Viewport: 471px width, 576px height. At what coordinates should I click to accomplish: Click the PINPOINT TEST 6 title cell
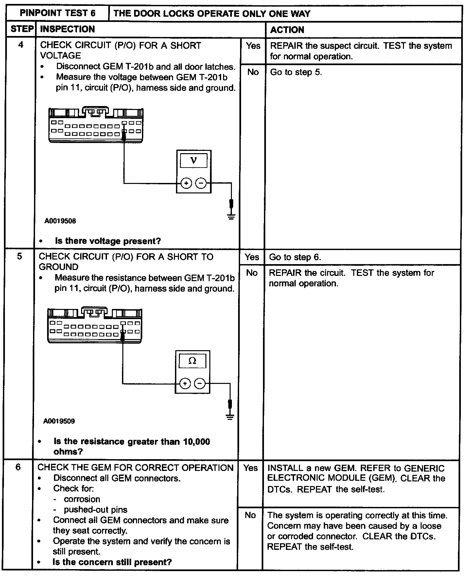click(x=58, y=13)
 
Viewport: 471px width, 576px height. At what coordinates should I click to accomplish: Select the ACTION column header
click(x=287, y=30)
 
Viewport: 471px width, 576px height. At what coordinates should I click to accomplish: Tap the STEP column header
click(x=22, y=29)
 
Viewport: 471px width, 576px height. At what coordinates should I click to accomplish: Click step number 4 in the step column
click(x=21, y=45)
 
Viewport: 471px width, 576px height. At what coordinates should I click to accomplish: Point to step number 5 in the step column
click(x=20, y=256)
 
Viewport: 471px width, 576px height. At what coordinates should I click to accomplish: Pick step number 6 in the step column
click(x=18, y=467)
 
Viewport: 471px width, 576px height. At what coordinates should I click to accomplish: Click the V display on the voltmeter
click(x=194, y=161)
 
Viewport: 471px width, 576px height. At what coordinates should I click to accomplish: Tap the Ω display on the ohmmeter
click(x=192, y=361)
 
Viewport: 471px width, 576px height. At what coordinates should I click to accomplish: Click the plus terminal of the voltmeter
click(x=186, y=183)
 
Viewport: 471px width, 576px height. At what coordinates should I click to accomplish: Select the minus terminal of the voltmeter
click(x=201, y=183)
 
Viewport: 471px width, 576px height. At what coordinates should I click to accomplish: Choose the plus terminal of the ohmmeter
click(x=185, y=384)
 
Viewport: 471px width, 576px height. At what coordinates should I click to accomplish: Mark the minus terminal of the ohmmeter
click(x=200, y=384)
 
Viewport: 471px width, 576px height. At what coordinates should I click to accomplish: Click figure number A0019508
click(x=60, y=221)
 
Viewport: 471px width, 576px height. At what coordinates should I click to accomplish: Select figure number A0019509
click(x=59, y=421)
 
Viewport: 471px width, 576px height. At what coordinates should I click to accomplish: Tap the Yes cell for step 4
click(x=253, y=46)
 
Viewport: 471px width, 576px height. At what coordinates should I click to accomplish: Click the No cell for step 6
click(x=250, y=515)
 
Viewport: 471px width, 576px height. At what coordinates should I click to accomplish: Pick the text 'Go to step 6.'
click(x=295, y=257)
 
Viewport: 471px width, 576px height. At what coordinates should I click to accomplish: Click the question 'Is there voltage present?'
click(x=108, y=241)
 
